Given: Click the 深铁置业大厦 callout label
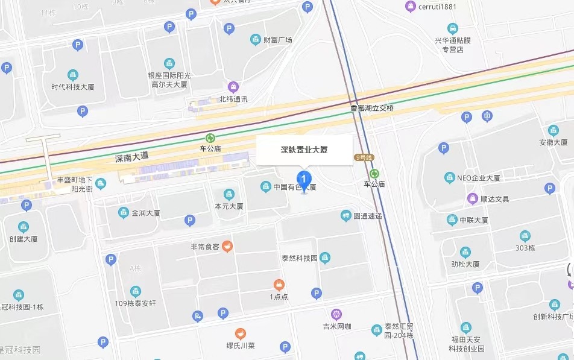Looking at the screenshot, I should point(304,150).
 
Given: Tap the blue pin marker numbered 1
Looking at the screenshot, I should point(304,178).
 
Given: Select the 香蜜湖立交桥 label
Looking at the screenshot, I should point(372,108).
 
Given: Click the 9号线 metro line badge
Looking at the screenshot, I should point(364,157).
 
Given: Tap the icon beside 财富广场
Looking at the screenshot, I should point(256,40).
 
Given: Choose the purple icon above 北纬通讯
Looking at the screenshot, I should point(233,87).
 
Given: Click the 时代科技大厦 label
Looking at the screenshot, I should point(73,87).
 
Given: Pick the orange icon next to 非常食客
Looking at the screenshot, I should point(227,246).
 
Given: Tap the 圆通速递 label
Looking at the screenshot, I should point(368,216).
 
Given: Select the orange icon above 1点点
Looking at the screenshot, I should point(279,285).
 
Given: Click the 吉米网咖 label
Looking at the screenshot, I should point(336,327).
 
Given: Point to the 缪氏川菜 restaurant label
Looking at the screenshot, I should point(241,346).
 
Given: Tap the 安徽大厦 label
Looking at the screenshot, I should point(553,143).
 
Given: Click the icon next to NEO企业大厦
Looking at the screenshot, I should point(449,178).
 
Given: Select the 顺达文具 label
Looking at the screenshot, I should point(494,199).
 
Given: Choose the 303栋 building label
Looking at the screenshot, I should point(525,248).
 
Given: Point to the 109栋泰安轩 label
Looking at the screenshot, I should point(136,303).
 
